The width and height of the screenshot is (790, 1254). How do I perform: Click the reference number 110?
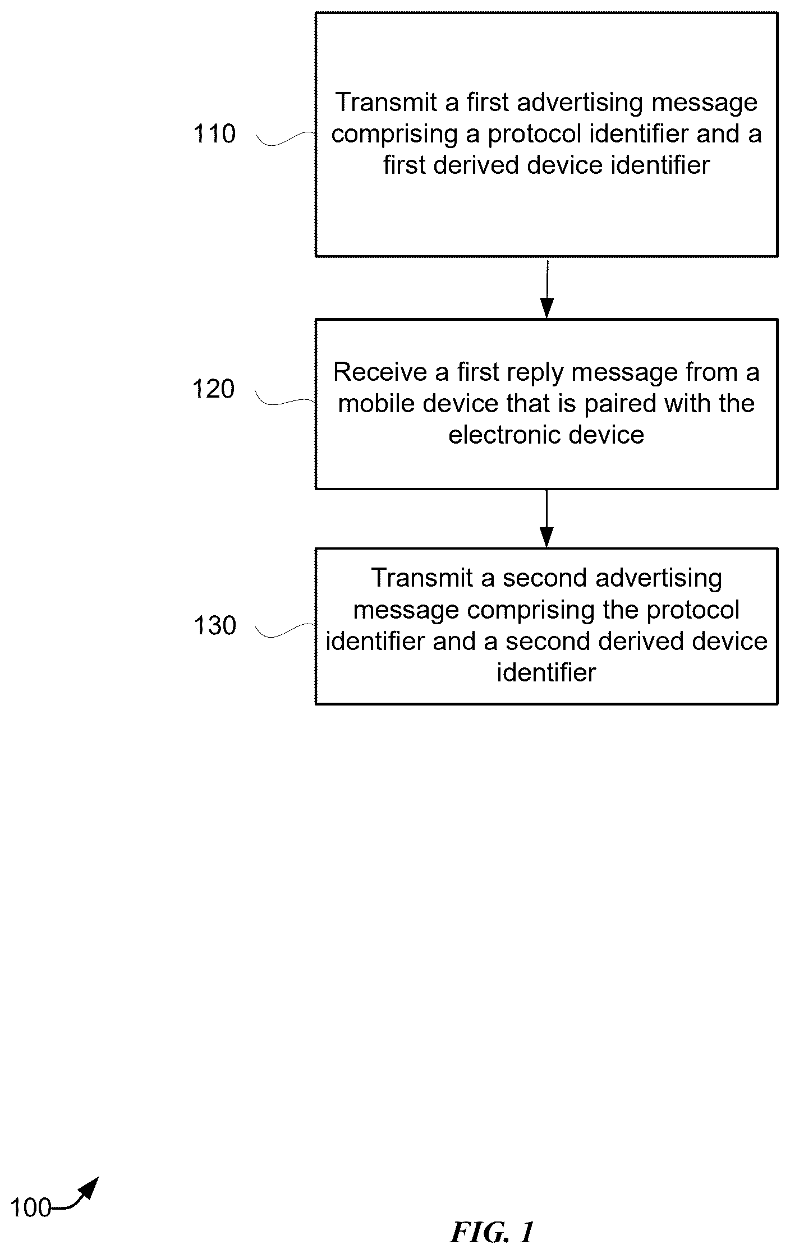tap(214, 134)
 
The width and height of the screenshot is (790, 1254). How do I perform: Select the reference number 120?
tap(214, 389)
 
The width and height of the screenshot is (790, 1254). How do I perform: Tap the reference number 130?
tap(215, 626)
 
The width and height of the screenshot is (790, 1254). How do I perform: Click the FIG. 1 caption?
tap(492, 1233)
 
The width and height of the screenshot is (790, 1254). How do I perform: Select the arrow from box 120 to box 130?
tap(546, 518)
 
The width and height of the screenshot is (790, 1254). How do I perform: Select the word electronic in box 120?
tap(509, 435)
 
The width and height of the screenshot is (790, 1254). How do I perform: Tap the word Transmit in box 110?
tap(386, 103)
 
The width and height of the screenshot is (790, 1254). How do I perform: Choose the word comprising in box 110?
tap(395, 135)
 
